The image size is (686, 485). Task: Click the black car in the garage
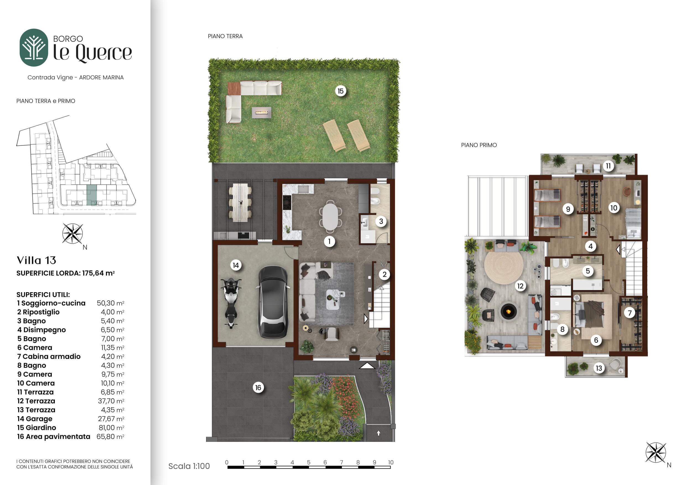click(x=272, y=302)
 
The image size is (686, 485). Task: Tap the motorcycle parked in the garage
click(x=231, y=302)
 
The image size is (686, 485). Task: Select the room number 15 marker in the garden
click(x=340, y=91)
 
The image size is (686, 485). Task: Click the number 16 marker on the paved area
click(x=258, y=388)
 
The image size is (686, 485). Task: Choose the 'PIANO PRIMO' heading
click(x=479, y=145)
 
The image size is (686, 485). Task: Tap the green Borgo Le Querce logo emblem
click(x=34, y=48)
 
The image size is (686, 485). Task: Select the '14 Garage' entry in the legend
click(x=35, y=419)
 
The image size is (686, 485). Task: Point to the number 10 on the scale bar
click(x=391, y=462)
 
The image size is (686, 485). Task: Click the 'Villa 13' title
click(x=37, y=260)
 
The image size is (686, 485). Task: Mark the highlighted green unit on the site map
click(x=92, y=195)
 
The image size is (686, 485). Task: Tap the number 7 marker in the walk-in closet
click(x=630, y=313)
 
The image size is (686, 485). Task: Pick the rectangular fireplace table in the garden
click(x=261, y=112)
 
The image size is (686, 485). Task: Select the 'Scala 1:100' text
click(x=189, y=466)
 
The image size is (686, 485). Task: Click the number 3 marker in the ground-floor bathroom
click(x=381, y=221)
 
